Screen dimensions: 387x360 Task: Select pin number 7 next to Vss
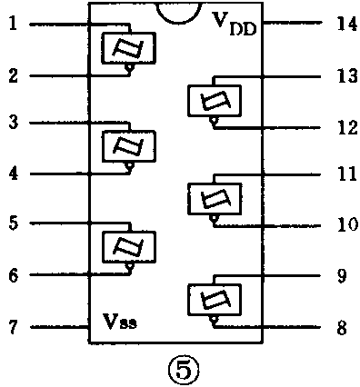12,325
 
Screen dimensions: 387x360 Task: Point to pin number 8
341,326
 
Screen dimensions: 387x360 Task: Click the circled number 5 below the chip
177,369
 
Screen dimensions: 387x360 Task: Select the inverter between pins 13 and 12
215,100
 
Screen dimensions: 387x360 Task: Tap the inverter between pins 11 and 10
215,198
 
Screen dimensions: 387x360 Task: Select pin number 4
12,173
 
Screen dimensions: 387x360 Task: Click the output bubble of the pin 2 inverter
130,67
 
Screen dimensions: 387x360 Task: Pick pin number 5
12,223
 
